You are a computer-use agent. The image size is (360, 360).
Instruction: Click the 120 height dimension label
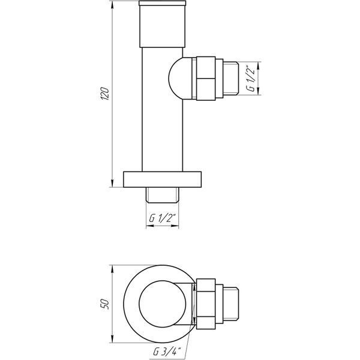tap(105, 93)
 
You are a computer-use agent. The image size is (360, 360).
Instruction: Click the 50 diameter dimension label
tap(105, 304)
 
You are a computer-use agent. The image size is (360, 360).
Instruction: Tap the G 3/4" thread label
tap(167, 352)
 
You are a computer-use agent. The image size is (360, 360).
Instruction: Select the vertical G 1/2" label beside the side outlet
tap(251, 79)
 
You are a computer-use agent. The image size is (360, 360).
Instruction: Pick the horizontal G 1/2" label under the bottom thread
tap(163, 218)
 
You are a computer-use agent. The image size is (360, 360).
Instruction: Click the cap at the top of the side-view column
tap(163, 24)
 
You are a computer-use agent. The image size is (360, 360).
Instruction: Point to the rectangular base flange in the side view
tap(163, 179)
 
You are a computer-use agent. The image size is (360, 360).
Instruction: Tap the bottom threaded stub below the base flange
tap(163, 195)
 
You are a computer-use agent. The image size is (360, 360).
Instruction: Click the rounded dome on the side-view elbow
tap(180, 78)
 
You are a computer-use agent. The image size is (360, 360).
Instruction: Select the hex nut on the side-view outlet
tap(206, 78)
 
